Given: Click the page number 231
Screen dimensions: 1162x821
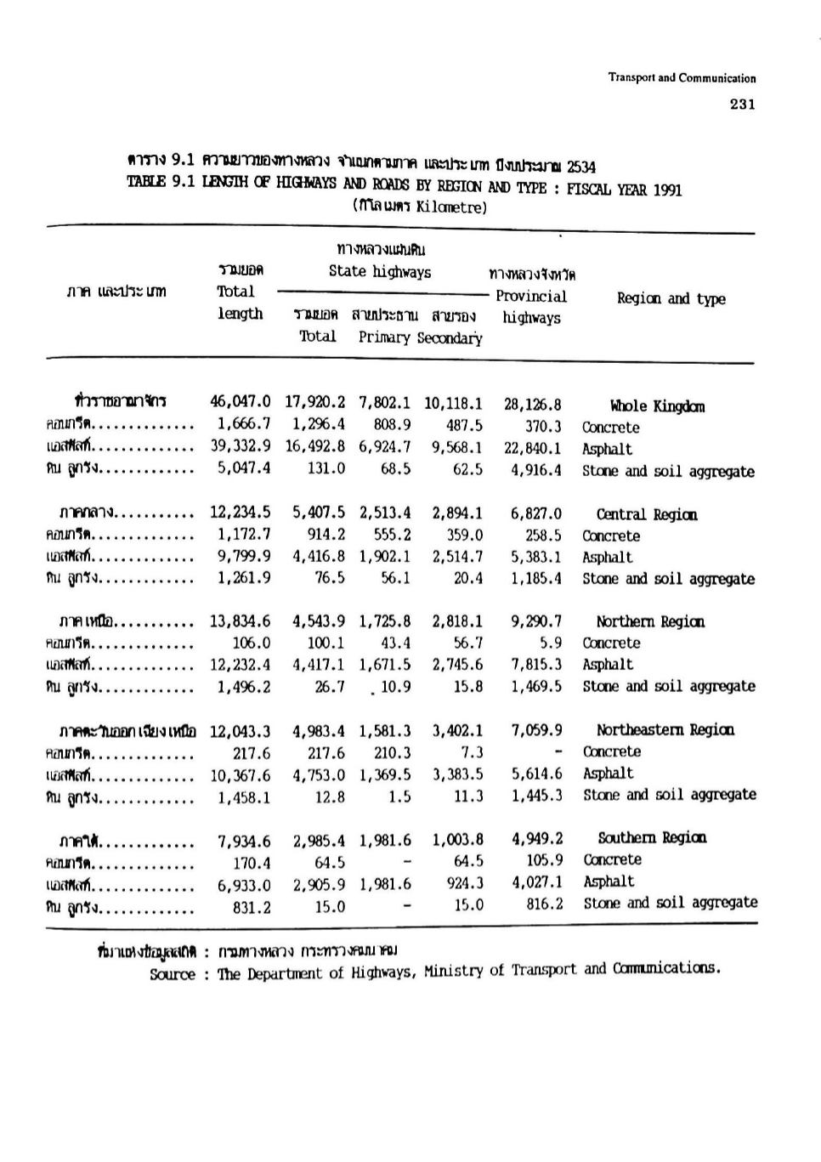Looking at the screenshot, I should coord(741,105).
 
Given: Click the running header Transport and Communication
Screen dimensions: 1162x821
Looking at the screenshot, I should coord(682,78).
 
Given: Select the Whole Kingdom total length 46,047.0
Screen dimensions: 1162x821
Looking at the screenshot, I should coord(241,401).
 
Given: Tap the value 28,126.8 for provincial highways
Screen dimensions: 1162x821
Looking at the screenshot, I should coord(533,405).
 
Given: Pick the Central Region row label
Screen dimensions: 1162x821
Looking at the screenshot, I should coord(647,514).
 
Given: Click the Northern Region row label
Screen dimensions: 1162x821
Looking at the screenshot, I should coord(650,621).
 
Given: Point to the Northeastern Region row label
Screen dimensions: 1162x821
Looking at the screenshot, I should coord(665,729).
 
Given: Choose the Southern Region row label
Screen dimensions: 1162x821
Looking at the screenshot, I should coord(652,837).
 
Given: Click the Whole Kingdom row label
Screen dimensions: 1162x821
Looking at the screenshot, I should coord(657,406).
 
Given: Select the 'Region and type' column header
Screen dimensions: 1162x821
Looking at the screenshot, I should coord(671,298).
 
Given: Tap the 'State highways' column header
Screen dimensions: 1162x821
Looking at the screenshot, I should coord(380,272).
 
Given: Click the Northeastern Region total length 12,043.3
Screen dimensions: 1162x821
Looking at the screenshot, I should coord(241,730).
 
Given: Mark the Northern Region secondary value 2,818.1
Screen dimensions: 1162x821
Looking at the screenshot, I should coord(457,621).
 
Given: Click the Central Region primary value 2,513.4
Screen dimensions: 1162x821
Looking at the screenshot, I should coord(385,513).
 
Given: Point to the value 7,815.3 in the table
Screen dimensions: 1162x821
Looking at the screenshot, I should coord(536,665).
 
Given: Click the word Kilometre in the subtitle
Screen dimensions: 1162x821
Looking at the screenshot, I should coord(450,207).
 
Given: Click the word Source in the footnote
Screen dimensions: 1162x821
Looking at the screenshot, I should coord(173,974).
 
